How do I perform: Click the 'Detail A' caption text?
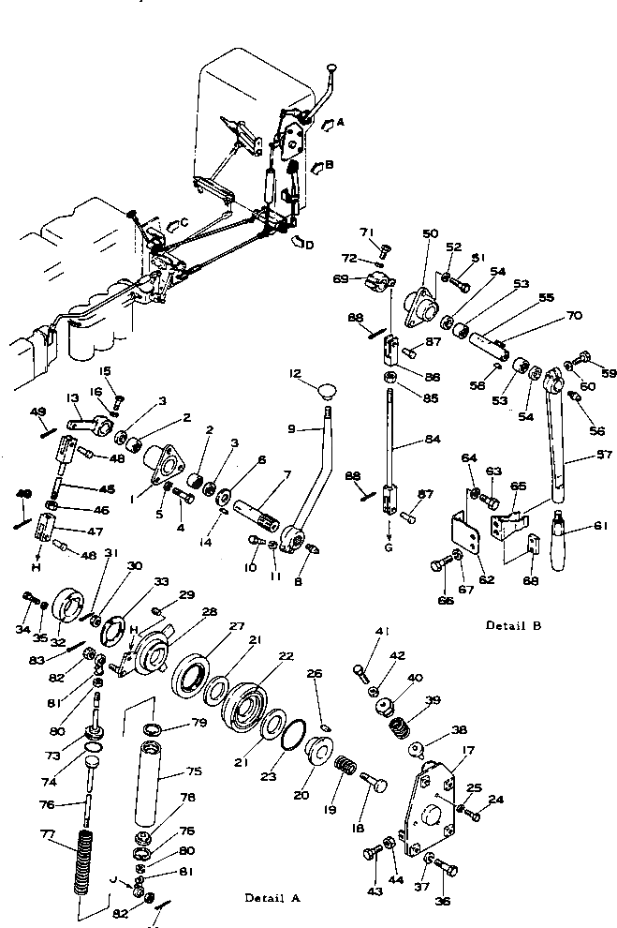272,897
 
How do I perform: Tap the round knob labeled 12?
328,388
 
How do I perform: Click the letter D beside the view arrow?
311,243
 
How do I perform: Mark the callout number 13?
72,397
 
